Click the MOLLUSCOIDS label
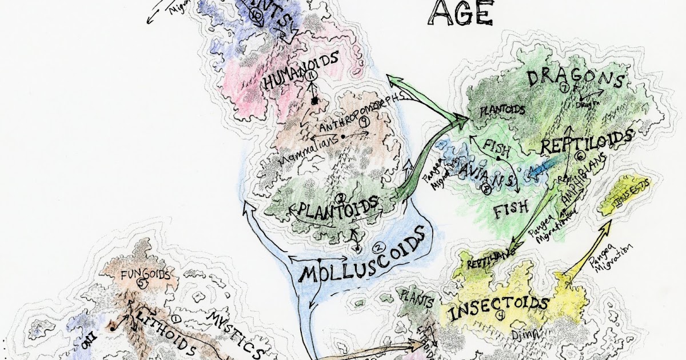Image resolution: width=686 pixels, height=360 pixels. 362,261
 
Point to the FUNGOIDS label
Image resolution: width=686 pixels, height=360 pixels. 145,274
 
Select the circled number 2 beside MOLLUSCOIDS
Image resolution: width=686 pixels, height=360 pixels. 377,248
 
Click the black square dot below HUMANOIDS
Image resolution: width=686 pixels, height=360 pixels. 314,101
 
